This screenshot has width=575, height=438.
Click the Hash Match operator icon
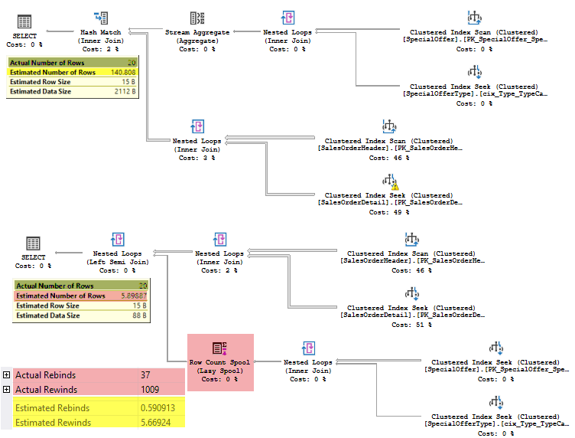click(x=100, y=17)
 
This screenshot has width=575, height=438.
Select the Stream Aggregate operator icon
click(x=197, y=18)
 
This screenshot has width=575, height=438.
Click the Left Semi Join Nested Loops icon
click(x=116, y=239)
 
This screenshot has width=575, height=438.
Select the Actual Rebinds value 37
click(x=145, y=374)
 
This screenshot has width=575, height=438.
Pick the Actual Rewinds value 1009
click(x=150, y=390)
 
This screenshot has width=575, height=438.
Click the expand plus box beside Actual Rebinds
click(x=6, y=374)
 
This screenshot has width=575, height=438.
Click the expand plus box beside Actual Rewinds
click(x=6, y=390)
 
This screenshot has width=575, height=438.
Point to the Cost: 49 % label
click(x=390, y=212)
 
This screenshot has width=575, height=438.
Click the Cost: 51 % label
click(x=412, y=324)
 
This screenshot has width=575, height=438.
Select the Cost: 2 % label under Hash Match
click(x=100, y=48)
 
